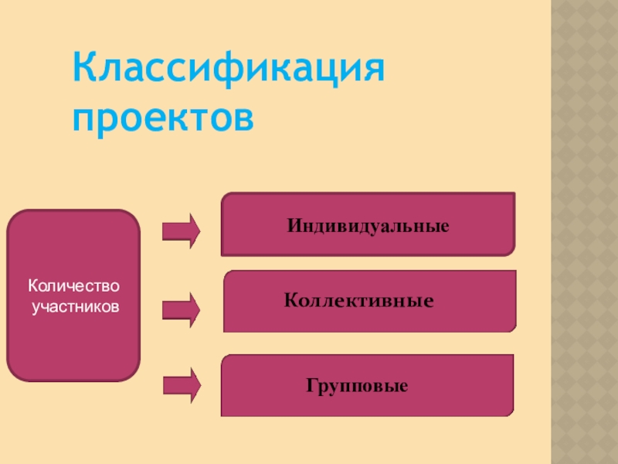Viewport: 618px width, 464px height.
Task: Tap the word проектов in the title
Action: [x=163, y=118]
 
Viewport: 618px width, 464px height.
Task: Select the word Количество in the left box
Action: [x=74, y=288]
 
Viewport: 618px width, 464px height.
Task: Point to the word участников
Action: [x=75, y=307]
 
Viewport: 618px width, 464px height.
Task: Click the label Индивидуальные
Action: [x=368, y=227]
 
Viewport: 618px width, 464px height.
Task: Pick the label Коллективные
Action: [x=358, y=299]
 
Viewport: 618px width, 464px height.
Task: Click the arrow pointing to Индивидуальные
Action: [x=182, y=230]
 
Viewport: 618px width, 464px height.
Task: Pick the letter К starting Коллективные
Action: [x=290, y=299]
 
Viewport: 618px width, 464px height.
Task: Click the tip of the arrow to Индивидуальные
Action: [x=199, y=230]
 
